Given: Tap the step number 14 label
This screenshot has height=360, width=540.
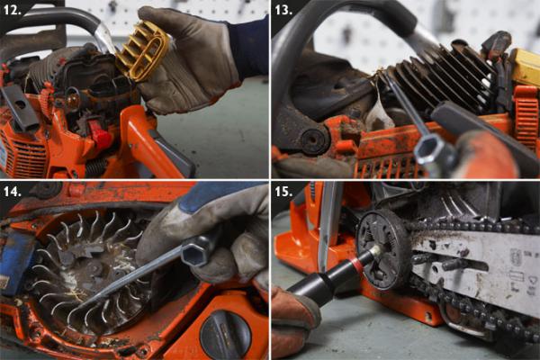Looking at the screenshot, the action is pos(12,191).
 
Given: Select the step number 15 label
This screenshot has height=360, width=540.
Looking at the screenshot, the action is pos(283,191).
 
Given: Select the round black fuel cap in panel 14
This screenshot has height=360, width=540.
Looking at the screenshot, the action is pos(226,335).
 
